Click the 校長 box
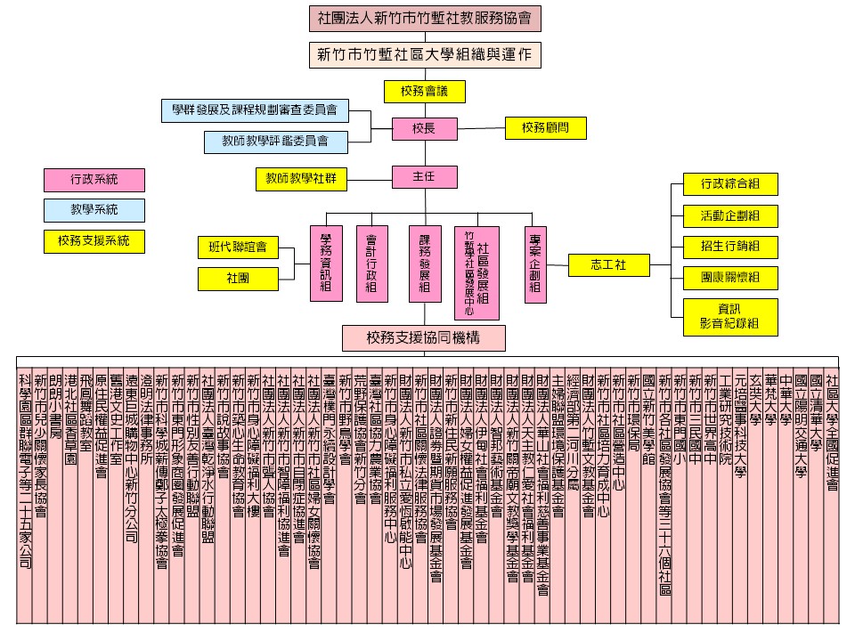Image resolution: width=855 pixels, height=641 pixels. tap(423, 129)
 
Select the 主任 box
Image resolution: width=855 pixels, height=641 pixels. tap(423, 176)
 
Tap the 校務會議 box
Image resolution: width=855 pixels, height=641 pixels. tap(425, 91)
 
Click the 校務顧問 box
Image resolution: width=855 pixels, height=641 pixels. tap(545, 128)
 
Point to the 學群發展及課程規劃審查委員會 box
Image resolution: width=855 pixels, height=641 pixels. tap(255, 110)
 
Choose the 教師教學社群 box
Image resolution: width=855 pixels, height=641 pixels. tap(300, 179)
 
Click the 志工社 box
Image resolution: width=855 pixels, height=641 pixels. tap(609, 264)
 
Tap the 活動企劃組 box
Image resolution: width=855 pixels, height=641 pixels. tap(729, 215)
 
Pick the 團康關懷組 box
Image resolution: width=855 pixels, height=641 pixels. tap(729, 278)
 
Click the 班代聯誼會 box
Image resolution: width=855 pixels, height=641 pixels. tap(238, 247)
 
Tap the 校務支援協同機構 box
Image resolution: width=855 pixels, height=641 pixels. tap(424, 337)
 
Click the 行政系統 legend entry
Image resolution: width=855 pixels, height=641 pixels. tap(94, 180)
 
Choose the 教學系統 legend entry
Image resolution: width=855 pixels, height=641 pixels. tap(94, 210)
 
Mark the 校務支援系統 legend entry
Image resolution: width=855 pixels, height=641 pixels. tap(94, 240)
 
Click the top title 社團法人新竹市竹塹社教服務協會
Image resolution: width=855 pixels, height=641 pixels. tap(425, 17)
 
